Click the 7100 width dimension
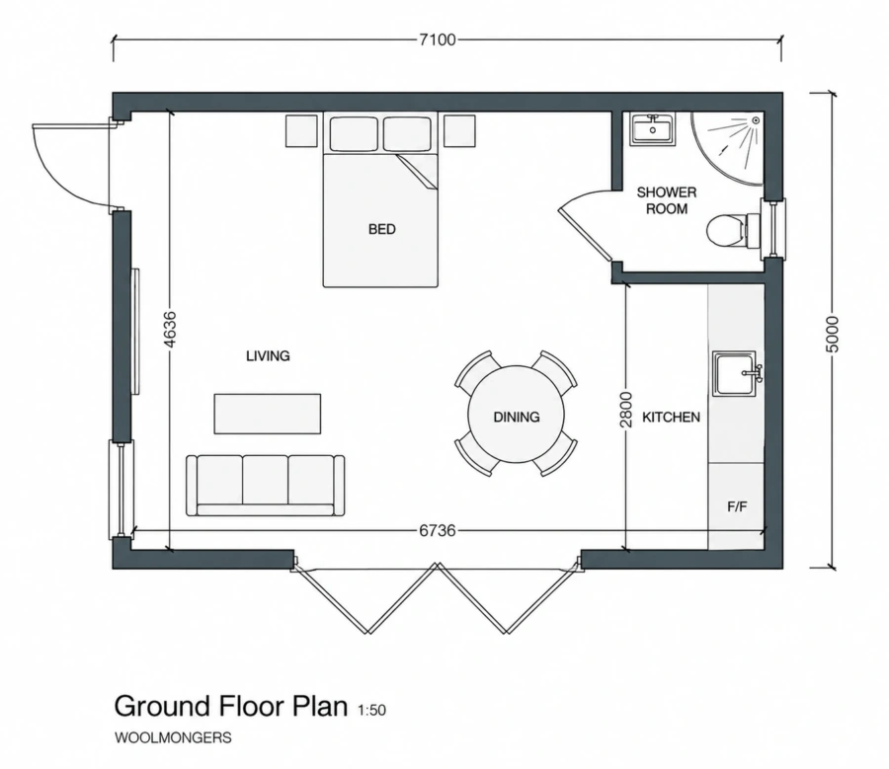coord(438,39)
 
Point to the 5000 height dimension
coord(831,334)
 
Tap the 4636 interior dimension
coord(170,329)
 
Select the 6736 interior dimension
coord(438,530)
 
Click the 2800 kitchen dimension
coord(626,409)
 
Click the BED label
coord(382,229)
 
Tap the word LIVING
coord(268,356)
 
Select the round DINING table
coord(516,415)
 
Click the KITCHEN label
coord(672,418)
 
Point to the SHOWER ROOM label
coord(667,200)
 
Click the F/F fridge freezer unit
coord(737,506)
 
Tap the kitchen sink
coord(736,373)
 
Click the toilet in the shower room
coord(731,231)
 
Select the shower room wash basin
coord(653,129)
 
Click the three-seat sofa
coord(266,485)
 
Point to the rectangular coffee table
coord(268,414)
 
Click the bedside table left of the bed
coord(301,131)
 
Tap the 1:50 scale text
coord(372,710)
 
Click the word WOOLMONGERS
coord(173,737)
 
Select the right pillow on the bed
coord(407,134)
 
